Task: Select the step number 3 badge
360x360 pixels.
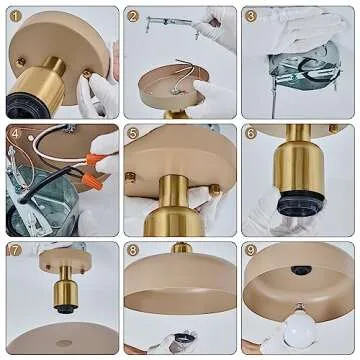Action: pos(251,16)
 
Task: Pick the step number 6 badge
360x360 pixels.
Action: pos(251,133)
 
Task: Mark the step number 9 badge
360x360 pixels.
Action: pos(251,250)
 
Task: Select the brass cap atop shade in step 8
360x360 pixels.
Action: pos(181,248)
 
